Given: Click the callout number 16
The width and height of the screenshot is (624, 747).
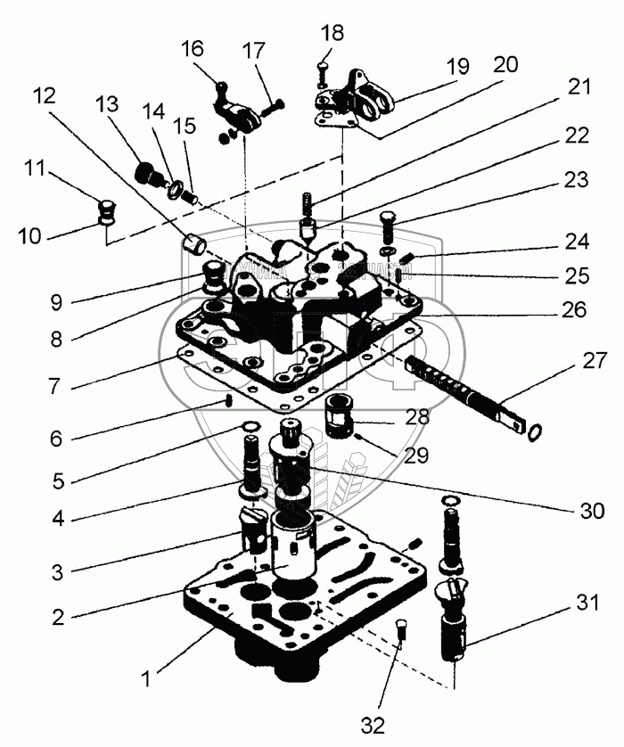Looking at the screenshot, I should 193,48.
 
